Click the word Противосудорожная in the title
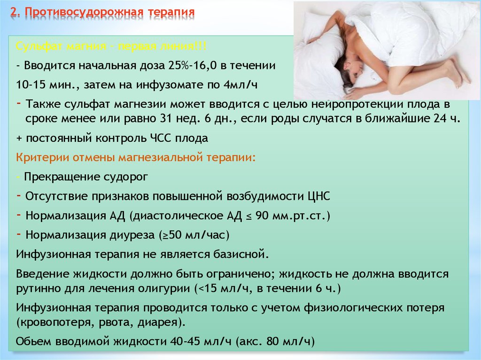(84, 13)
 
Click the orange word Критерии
(42, 158)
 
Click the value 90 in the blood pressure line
(262, 216)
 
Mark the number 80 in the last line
(273, 341)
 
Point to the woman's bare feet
(457, 72)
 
